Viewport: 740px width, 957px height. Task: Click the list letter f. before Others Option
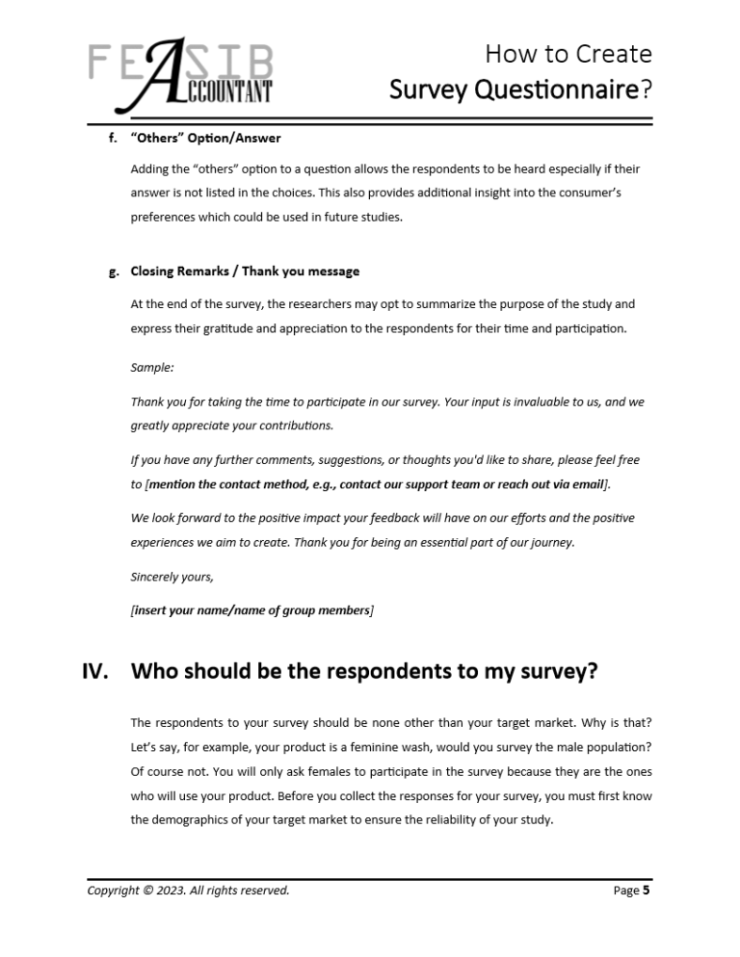click(113, 139)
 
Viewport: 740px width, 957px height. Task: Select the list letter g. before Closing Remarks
click(113, 272)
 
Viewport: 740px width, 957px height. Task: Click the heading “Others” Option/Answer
click(205, 139)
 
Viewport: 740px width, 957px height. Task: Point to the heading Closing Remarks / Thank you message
click(245, 272)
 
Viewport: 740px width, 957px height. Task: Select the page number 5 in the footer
click(646, 890)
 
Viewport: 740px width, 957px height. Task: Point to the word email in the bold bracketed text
click(587, 483)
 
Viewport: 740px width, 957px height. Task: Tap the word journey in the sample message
click(552, 542)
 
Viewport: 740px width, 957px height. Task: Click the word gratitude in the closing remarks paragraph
click(225, 328)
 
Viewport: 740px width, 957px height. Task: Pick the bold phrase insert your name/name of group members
click(251, 610)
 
